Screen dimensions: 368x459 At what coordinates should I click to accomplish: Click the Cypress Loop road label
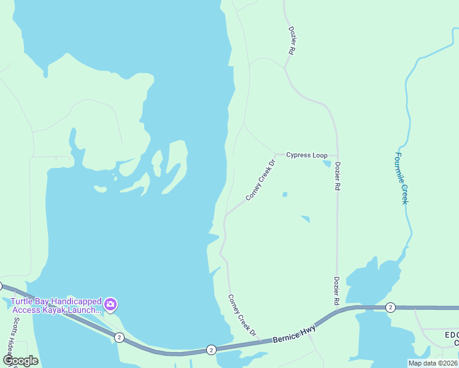tap(307, 155)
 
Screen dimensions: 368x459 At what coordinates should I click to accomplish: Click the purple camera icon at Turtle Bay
tap(110, 304)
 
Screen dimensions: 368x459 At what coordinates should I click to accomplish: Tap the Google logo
tap(20, 361)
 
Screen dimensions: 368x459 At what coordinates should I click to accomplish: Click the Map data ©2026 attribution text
tap(433, 363)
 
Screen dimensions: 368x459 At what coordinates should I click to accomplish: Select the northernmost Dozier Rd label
tap(291, 41)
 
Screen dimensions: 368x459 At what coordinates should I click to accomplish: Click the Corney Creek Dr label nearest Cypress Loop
tap(260, 180)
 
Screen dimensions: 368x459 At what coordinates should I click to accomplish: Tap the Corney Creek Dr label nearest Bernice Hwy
tap(241, 315)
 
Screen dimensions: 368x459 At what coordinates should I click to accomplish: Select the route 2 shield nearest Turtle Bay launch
tap(119, 337)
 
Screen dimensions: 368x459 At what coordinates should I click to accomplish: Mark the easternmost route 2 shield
tap(390, 307)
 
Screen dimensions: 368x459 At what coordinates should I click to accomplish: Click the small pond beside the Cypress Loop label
tap(327, 163)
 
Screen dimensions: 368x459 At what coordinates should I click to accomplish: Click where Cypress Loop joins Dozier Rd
tap(336, 155)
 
